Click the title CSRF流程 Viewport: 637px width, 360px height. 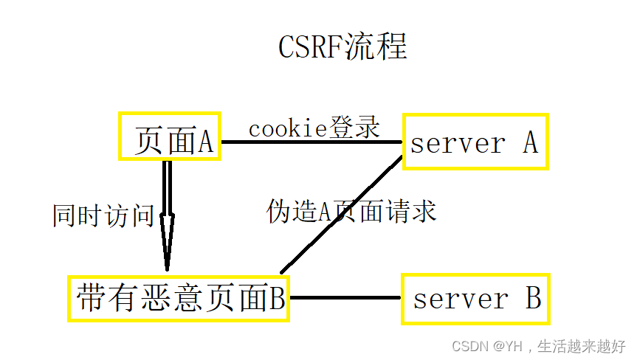(342, 47)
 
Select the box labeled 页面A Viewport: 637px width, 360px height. (170, 137)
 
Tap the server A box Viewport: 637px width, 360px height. (475, 142)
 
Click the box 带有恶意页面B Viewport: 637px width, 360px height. (179, 299)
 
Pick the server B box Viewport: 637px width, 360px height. (475, 299)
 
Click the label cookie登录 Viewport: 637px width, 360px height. (314, 128)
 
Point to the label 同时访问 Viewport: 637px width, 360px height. (103, 215)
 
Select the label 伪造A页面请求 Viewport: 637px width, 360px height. (351, 212)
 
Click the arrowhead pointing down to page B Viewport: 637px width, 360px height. (167, 243)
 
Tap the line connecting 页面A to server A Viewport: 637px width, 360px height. (310, 141)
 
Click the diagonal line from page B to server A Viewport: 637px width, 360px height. (340, 215)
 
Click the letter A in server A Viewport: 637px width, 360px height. (530, 142)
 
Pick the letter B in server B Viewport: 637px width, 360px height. (533, 299)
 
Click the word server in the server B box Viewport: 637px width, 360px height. (461, 300)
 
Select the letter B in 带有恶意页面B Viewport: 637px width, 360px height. (276, 299)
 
